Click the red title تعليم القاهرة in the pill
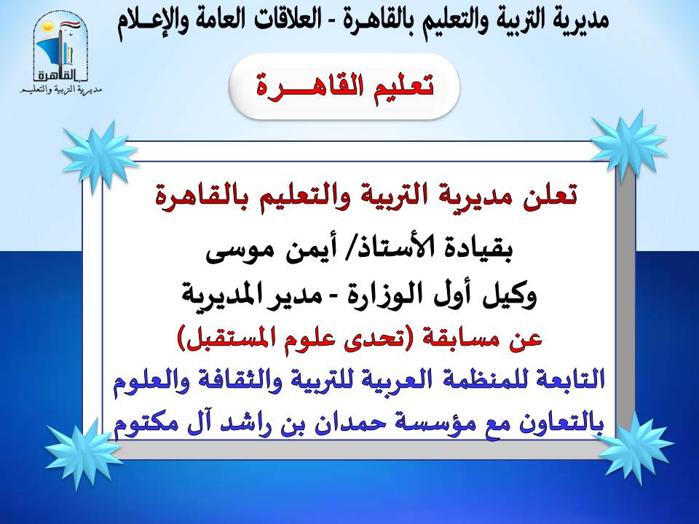(x=344, y=86)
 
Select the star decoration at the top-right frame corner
(x=628, y=143)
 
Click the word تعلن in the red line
(x=550, y=195)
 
